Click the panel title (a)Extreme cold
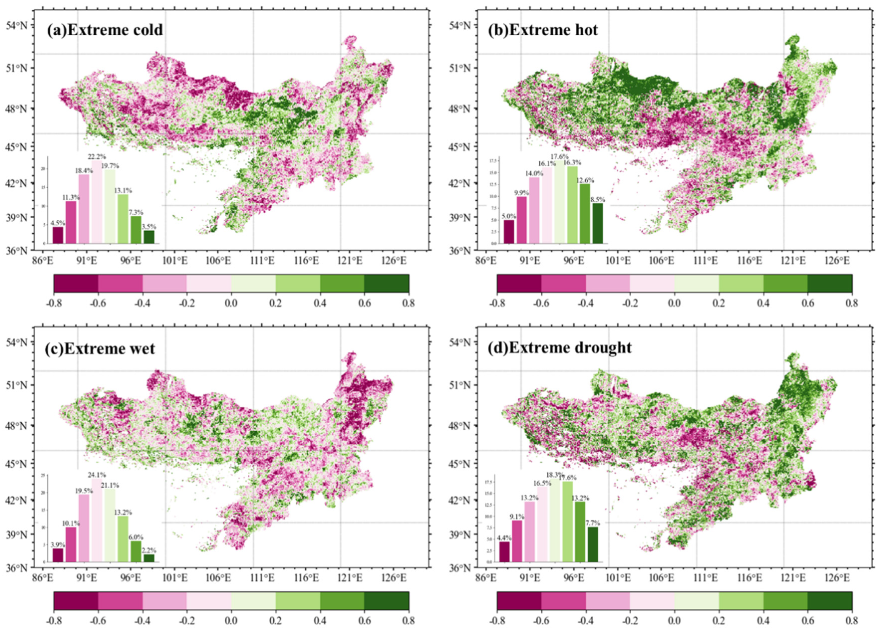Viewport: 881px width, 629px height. (x=105, y=30)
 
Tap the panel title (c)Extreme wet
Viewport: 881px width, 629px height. (x=100, y=349)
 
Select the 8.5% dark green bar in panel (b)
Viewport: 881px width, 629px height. (x=598, y=224)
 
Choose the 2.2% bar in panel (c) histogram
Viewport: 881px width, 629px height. (x=149, y=558)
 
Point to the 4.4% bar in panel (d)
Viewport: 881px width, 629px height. (x=504, y=552)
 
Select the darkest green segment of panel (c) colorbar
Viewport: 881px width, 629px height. (x=386, y=600)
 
